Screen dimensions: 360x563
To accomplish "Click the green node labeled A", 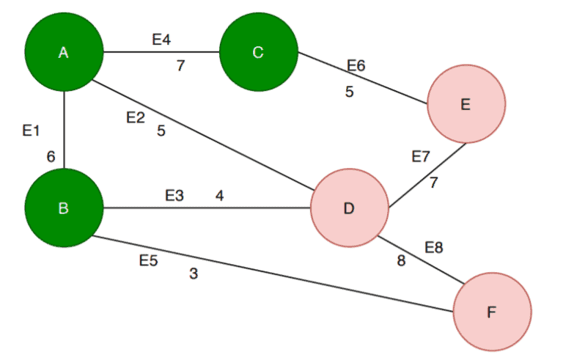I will tap(64, 52).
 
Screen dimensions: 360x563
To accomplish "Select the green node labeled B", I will tap(64, 208).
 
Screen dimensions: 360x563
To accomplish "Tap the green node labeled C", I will tap(258, 52).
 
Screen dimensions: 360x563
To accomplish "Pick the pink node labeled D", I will tap(349, 208).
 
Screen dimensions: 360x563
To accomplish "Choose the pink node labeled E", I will tap(466, 104).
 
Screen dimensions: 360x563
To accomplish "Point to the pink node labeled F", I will tap(492, 312).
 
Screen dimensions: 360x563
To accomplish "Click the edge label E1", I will tap(31, 131).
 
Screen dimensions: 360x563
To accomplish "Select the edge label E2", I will tap(136, 117).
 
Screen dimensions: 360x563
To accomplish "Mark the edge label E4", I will tap(162, 40).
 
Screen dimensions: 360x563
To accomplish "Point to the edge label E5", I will tap(149, 260).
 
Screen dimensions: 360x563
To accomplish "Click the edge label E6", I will tap(356, 66).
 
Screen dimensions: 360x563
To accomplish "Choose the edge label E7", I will tap(421, 157).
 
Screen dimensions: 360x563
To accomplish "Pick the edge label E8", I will tap(434, 247).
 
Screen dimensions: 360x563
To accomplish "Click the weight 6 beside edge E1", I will tap(51, 156).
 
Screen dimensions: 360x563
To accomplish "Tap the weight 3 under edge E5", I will tap(194, 273).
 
